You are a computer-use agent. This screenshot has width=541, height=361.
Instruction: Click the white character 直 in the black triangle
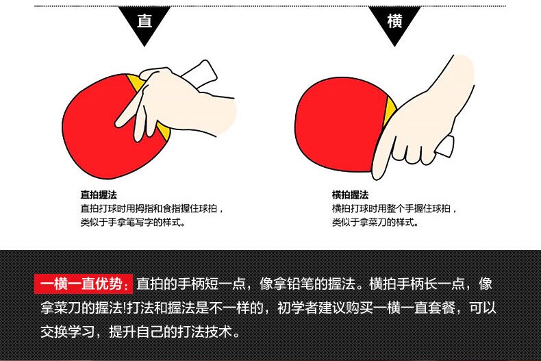click(144, 21)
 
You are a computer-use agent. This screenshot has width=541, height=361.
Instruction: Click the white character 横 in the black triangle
click(394, 21)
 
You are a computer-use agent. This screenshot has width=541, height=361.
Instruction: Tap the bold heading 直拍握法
click(99, 195)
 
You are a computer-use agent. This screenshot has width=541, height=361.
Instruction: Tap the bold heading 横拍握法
click(350, 195)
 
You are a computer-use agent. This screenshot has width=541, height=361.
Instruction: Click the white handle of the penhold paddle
click(200, 74)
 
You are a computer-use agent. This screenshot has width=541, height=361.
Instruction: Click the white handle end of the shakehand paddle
click(445, 147)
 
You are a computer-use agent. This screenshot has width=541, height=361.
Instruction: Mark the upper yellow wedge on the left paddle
click(136, 82)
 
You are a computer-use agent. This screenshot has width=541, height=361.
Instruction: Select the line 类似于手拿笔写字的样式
click(133, 222)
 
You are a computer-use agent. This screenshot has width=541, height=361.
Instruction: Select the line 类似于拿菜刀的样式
click(375, 222)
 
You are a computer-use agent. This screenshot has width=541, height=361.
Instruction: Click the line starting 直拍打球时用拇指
click(152, 209)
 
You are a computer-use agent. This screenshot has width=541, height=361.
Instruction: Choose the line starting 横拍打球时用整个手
click(394, 209)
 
